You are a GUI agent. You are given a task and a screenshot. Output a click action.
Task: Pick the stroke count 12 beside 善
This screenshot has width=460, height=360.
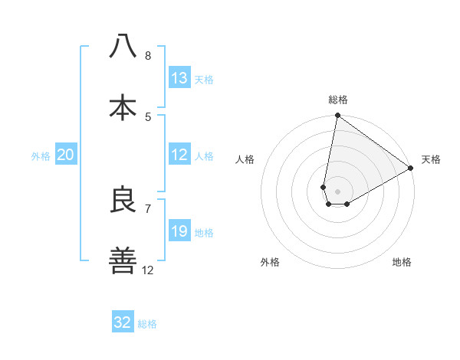pyautogui.click(x=148, y=270)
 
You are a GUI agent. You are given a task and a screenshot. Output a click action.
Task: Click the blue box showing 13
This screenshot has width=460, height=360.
pyautogui.click(x=179, y=78)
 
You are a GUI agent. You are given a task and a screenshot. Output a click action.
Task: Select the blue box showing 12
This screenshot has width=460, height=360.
pyautogui.click(x=179, y=155)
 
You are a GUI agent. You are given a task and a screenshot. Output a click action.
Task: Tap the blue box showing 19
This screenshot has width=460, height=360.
pyautogui.click(x=179, y=231)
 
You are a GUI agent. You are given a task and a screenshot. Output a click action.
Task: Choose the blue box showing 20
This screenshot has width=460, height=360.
pyautogui.click(x=66, y=155)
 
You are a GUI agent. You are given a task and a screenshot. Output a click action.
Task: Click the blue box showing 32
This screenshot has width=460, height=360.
pyautogui.click(x=123, y=322)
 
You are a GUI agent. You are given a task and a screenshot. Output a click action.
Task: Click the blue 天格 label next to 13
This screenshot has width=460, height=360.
pyautogui.click(x=204, y=79)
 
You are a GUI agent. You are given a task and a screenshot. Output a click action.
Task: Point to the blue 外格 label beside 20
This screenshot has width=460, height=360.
pyautogui.click(x=41, y=155)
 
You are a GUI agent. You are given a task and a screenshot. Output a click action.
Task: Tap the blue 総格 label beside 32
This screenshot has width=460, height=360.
pyautogui.click(x=147, y=323)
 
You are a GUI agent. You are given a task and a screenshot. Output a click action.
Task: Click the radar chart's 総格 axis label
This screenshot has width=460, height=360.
pyautogui.click(x=338, y=100)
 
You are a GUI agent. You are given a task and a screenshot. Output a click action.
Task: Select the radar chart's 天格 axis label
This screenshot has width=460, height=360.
pyautogui.click(x=431, y=159)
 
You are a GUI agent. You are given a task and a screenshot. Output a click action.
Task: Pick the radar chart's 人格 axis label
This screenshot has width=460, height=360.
pyautogui.click(x=245, y=159)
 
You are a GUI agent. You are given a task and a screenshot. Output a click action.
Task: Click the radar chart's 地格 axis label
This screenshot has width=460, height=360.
pyautogui.click(x=402, y=262)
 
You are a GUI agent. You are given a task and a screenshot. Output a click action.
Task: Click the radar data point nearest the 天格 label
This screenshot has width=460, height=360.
pyautogui.click(x=411, y=169)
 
